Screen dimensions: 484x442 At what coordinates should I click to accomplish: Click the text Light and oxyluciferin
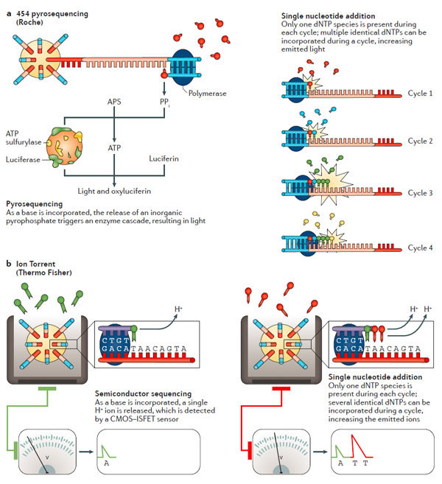tap(114, 192)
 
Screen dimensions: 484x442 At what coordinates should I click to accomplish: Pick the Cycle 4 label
tap(421, 247)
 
